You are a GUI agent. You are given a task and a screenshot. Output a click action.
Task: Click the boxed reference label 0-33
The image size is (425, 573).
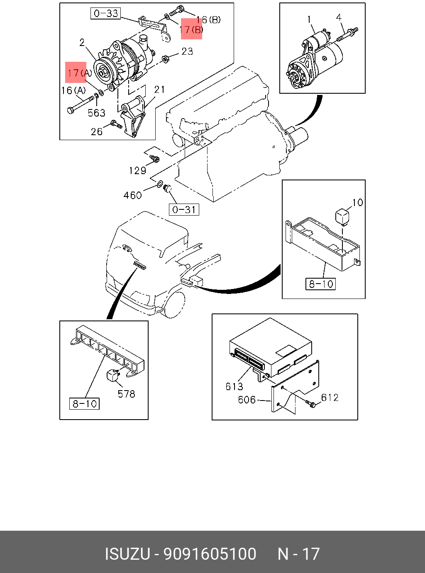click(106, 14)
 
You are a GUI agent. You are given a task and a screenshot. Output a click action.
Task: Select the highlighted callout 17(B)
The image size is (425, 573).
click(191, 29)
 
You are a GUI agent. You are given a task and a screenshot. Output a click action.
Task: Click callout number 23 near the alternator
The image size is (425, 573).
click(187, 51)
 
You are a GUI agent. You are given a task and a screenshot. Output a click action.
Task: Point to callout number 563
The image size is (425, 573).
click(96, 113)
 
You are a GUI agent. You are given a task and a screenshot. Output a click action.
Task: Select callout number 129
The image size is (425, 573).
click(137, 170)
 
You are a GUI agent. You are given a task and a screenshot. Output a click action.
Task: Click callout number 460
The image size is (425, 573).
click(132, 195)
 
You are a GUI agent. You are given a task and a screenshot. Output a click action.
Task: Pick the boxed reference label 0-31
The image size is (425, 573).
click(184, 210)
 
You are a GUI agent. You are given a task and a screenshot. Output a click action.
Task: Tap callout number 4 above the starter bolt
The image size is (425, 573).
click(339, 17)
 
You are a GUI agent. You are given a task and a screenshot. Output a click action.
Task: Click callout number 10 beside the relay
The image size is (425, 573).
click(357, 202)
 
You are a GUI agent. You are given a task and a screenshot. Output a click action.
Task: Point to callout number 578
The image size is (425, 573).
click(126, 394)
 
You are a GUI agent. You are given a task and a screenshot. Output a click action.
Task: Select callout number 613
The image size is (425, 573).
click(234, 386)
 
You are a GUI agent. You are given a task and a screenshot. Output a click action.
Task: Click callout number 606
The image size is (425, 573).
click(247, 400)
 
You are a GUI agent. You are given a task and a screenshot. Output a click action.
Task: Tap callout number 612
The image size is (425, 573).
click(330, 398)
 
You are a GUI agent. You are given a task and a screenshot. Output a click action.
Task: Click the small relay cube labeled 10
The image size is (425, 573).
click(342, 216)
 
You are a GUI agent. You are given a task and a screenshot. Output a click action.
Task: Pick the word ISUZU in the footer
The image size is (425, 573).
click(127, 554)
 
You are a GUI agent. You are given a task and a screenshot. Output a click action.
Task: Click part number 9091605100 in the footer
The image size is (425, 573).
click(210, 554)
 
